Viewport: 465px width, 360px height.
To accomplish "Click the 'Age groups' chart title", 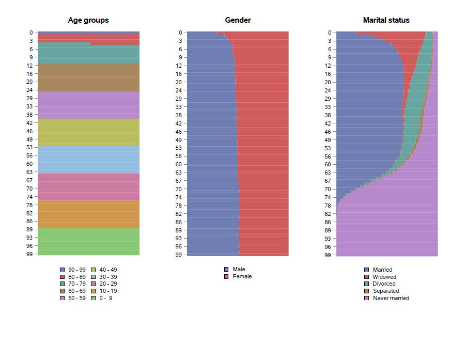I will point(88,20).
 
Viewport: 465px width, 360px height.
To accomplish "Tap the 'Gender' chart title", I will point(238,20).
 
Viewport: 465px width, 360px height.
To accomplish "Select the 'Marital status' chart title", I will point(386,20).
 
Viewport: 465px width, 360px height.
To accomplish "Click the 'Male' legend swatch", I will point(226,270).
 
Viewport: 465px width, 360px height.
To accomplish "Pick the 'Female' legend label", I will point(242,277).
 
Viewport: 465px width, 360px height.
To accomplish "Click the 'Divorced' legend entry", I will point(384,284).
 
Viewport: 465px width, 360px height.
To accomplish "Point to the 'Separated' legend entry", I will point(385,291).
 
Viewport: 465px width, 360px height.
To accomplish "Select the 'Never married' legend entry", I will point(391,298).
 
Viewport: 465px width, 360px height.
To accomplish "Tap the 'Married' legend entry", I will point(382,270).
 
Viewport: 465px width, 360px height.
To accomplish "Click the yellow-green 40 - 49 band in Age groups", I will point(88,132).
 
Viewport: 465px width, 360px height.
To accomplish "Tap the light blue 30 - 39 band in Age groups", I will point(88,160).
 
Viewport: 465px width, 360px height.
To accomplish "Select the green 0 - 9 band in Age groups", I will point(88,241).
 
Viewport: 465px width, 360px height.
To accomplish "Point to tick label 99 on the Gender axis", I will point(177,255).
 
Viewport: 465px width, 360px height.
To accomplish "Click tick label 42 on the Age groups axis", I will point(29,123).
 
